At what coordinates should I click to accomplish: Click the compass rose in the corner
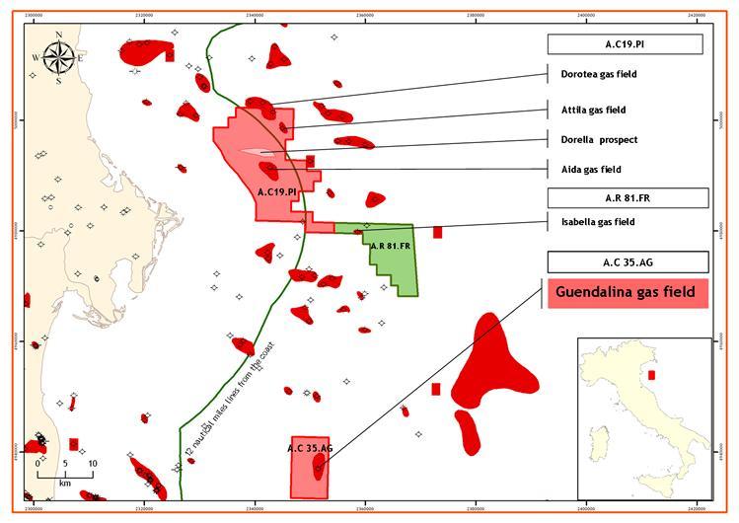pos(59,58)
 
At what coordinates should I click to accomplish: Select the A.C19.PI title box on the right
pos(625,44)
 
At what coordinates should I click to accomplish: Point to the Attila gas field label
pos(586,110)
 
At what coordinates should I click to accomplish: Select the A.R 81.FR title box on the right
pos(628,198)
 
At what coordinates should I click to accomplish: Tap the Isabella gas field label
pos(590,222)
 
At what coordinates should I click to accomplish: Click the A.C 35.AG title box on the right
pos(628,262)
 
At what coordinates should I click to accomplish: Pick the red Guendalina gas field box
pos(626,292)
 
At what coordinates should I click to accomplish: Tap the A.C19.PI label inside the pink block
pos(276,191)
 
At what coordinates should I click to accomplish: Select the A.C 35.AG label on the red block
pos(310,449)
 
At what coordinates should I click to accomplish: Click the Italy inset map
pos(643,419)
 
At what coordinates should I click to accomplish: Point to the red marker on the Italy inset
pos(650,375)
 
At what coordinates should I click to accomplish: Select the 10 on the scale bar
pos(93,463)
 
